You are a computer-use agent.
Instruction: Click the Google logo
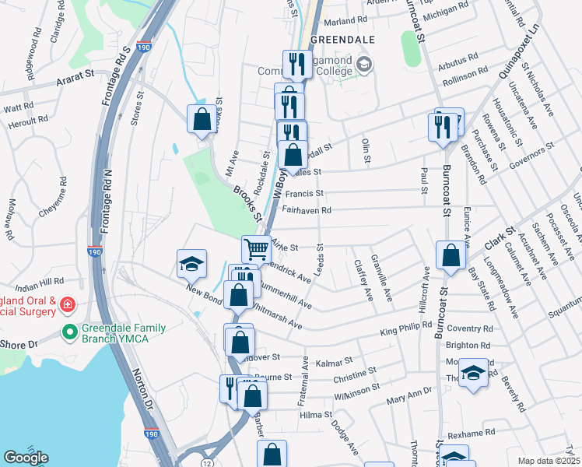tap(26, 458)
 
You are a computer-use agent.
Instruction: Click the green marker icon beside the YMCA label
tap(69, 332)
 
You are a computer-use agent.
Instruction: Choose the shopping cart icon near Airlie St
tap(256, 249)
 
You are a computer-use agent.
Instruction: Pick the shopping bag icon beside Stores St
tap(202, 119)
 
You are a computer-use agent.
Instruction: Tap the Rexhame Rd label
tap(472, 432)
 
